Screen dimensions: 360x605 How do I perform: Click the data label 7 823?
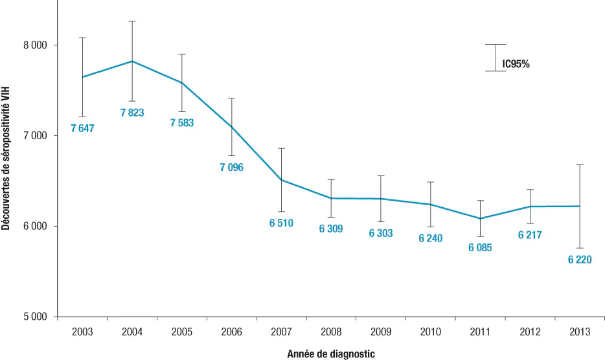tap(132, 113)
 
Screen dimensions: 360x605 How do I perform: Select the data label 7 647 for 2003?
tap(82, 128)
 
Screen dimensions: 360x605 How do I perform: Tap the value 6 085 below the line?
tap(480, 247)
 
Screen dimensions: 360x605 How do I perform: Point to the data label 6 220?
tap(580, 260)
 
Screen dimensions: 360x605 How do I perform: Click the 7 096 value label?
tap(231, 167)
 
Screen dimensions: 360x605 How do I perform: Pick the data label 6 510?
tap(281, 223)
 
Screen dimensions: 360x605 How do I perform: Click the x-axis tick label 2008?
tap(331, 332)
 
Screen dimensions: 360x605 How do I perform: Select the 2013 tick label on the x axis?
tap(580, 332)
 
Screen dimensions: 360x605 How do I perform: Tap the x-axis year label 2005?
tap(182, 332)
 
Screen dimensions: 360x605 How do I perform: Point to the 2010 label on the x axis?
tap(431, 332)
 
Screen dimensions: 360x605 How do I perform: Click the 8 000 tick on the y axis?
tap(36, 45)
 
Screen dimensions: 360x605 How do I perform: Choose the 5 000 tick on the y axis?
tap(36, 317)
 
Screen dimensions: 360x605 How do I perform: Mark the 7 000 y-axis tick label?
tap(36, 136)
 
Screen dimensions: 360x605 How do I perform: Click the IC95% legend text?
tap(516, 64)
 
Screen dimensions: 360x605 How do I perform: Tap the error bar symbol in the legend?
tap(496, 58)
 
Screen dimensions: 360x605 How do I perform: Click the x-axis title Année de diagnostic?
tap(331, 354)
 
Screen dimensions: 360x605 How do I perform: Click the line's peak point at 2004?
tap(132, 61)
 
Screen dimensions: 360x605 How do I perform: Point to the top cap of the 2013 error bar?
tap(580, 164)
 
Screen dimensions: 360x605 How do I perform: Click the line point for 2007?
tap(281, 180)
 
